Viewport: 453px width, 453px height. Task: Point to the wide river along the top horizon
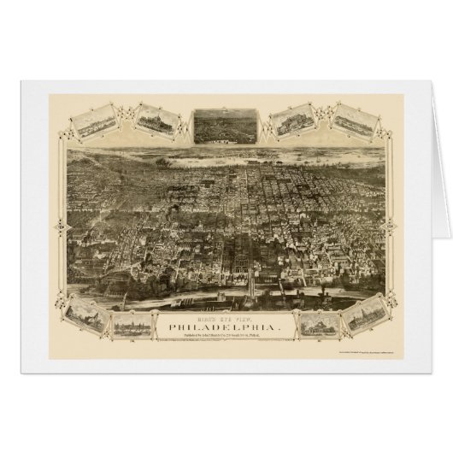226,155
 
